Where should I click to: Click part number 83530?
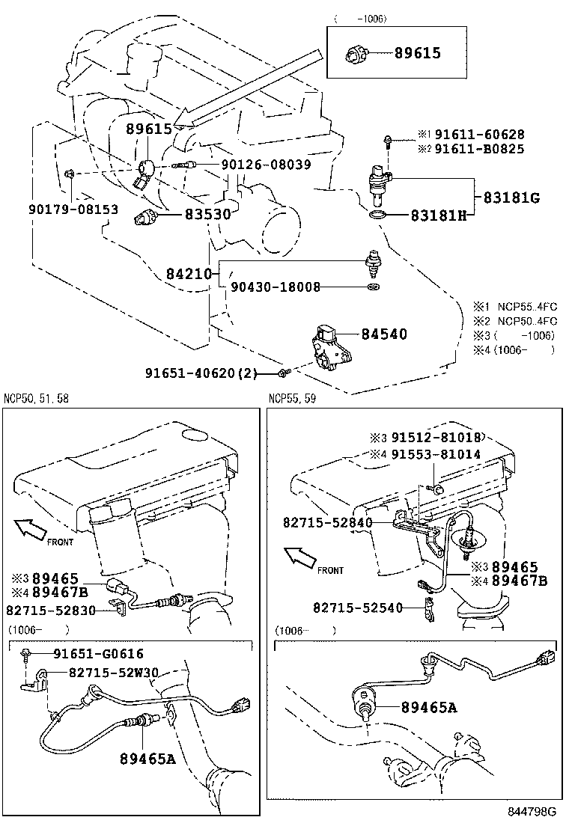point(208,214)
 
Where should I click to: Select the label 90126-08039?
point(266,165)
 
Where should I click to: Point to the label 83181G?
point(511,198)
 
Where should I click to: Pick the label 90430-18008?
point(276,287)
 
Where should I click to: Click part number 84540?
point(384,334)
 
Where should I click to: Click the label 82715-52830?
point(51,611)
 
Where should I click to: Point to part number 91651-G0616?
point(98,653)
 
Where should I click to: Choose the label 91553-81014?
point(426,454)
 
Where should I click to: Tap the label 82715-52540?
point(358,608)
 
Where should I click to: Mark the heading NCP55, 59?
point(292,399)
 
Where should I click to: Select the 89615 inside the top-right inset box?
point(407,53)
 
